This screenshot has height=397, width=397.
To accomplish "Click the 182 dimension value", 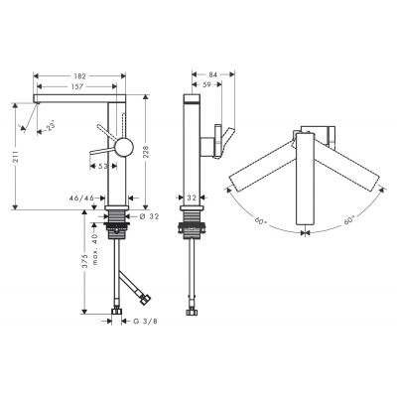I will tap(80, 75).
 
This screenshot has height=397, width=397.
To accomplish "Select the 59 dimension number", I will tap(205, 87).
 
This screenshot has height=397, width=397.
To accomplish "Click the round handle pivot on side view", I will tap(124, 148).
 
